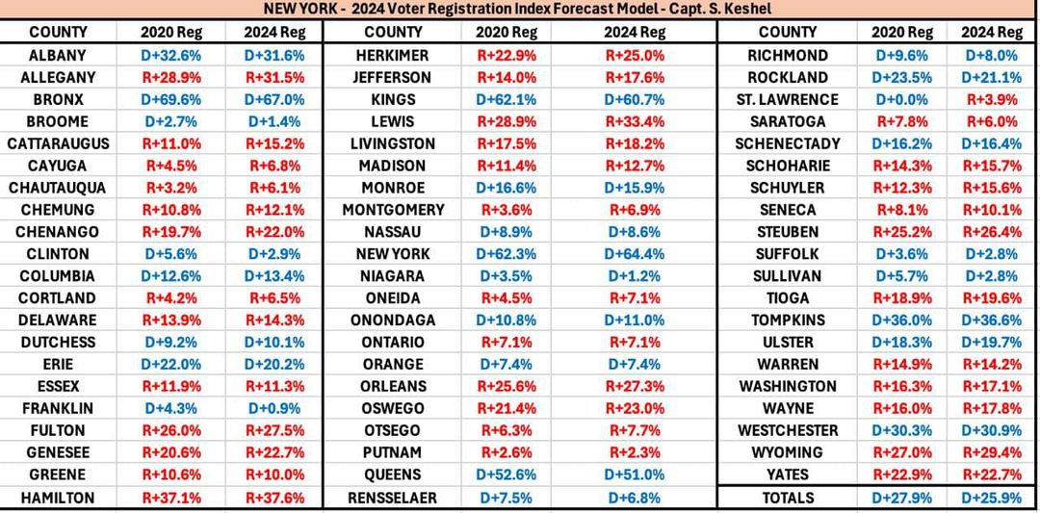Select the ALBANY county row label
coord(58,55)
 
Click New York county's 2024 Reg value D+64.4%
coord(634,254)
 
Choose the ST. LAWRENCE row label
coord(787,99)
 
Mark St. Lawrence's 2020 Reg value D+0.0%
coord(902,99)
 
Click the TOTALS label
coord(787,498)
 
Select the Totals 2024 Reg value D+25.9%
coord(991,498)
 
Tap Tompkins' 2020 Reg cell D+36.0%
coord(902,321)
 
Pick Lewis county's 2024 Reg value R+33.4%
coord(634,121)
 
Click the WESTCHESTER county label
coord(787,430)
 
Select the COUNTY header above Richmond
coord(787,33)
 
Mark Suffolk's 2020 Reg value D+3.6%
coord(902,254)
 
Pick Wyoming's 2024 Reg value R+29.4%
coord(991,452)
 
